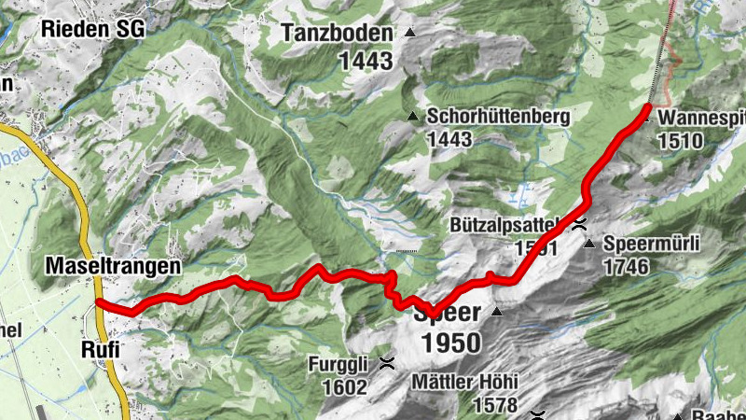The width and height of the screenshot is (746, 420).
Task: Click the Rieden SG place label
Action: click(x=92, y=29)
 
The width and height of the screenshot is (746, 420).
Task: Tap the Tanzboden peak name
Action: click(x=337, y=34)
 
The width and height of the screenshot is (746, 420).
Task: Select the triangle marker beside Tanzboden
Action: click(x=408, y=33)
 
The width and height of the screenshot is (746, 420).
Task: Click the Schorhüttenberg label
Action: click(x=497, y=117)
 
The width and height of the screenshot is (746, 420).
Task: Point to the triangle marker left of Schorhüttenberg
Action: click(x=412, y=117)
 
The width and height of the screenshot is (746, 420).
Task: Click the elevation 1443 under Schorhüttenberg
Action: click(x=451, y=139)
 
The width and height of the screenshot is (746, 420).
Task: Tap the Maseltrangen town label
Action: click(x=112, y=267)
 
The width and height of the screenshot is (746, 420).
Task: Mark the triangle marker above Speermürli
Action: click(x=588, y=245)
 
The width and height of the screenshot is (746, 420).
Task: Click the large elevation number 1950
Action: click(x=451, y=343)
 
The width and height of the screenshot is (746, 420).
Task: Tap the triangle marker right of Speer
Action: click(x=497, y=312)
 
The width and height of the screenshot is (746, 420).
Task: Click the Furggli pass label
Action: click(x=339, y=364)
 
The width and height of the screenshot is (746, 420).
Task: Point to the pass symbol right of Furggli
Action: click(x=386, y=364)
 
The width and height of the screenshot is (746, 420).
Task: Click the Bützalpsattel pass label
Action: click(x=503, y=225)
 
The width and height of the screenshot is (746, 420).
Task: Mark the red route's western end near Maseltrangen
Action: click(x=99, y=302)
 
